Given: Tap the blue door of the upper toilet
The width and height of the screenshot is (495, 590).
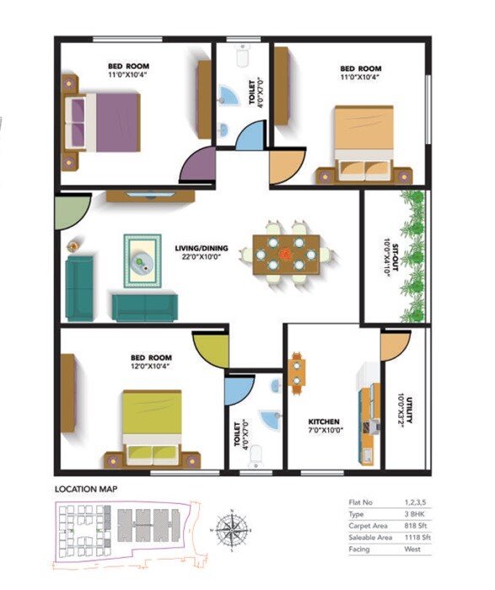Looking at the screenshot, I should (x=250, y=137).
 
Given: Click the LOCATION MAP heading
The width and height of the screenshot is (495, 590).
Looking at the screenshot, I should (x=86, y=489).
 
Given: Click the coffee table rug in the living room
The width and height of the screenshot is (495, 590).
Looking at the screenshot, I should (x=143, y=261).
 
